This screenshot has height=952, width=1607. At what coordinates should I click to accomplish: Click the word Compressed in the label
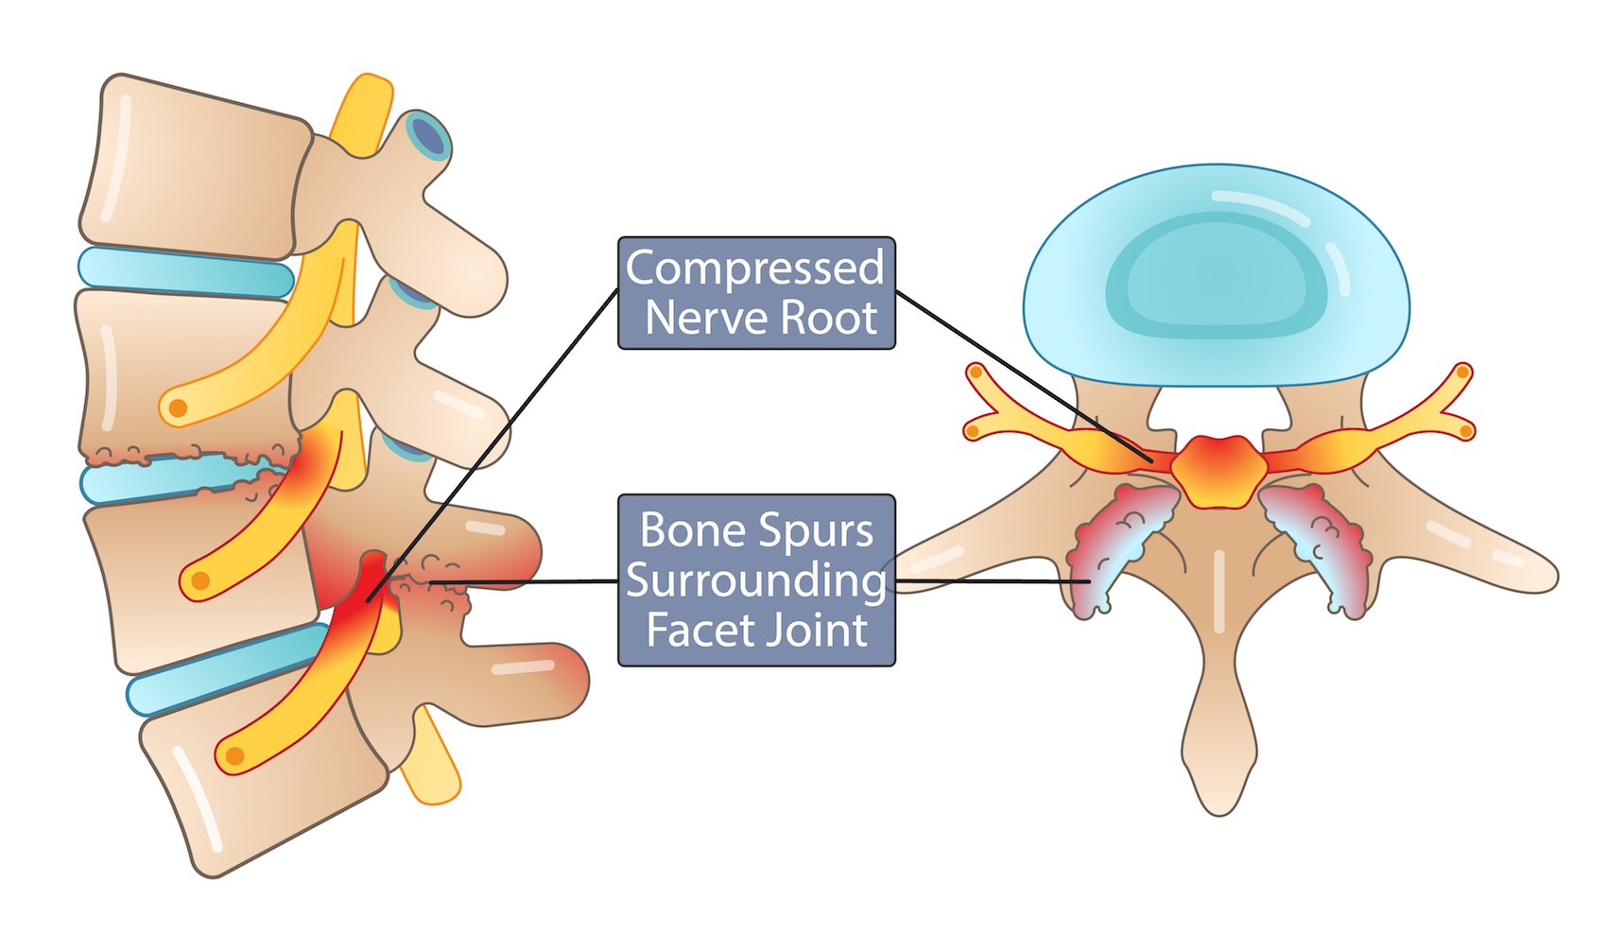coord(754,268)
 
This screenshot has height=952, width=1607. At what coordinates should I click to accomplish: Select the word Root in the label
coord(829,318)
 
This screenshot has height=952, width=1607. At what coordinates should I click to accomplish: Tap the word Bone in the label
coord(687,530)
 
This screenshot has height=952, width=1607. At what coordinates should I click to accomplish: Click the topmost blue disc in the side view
coord(184,273)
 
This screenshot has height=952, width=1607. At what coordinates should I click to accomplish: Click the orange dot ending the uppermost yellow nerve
coord(177,408)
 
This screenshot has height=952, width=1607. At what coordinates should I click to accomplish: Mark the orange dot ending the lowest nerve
coord(235,756)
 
